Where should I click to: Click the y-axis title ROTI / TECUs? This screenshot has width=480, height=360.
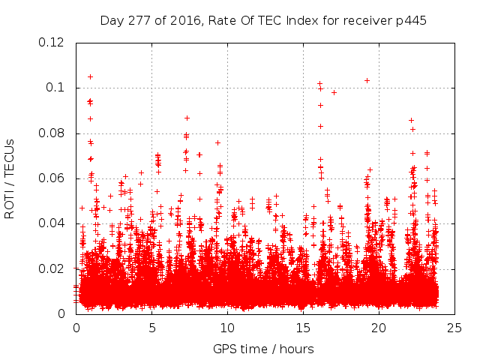[x=10, y=178]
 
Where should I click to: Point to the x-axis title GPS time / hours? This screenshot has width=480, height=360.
[x=263, y=349]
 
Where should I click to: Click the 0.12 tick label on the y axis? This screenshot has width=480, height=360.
[x=52, y=43]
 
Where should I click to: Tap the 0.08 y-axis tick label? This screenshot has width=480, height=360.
[x=52, y=133]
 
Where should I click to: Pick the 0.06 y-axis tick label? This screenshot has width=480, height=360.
[x=52, y=178]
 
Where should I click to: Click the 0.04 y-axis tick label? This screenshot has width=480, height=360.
[x=52, y=223]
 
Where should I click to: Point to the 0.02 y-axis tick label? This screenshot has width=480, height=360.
[x=52, y=269]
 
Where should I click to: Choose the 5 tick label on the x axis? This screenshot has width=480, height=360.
[x=152, y=328]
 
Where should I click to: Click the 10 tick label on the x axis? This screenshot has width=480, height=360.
[x=227, y=328]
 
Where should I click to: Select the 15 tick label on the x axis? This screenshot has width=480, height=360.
[x=303, y=328]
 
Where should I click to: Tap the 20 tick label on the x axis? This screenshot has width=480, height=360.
[x=379, y=328]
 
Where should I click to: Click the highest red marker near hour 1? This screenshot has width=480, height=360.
[x=91, y=76]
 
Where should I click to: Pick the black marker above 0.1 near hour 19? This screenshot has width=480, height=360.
[x=367, y=80]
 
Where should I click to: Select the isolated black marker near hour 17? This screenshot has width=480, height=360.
[x=334, y=92]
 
